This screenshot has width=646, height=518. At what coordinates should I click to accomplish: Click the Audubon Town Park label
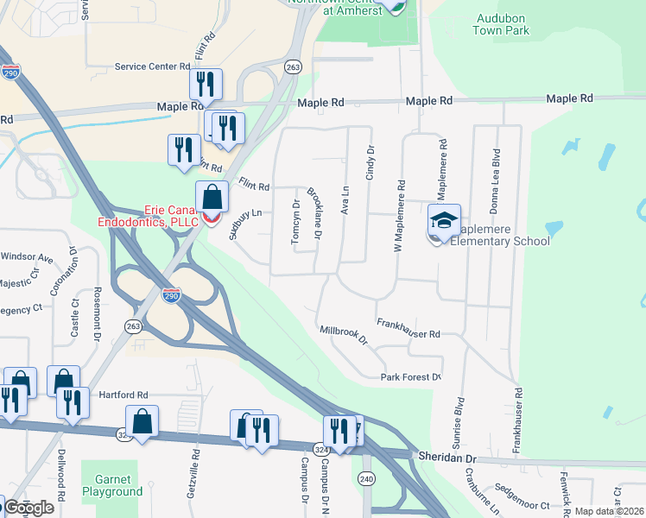(501, 22)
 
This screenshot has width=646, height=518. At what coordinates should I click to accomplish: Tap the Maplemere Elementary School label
(506, 235)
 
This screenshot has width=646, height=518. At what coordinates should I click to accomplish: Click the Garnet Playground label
(112, 485)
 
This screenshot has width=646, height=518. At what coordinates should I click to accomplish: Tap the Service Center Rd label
(152, 66)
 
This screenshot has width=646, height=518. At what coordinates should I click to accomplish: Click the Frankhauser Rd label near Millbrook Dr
(408, 328)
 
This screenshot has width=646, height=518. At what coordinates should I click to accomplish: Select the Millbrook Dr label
(343, 335)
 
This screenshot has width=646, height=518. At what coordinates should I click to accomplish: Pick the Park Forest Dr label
(412, 377)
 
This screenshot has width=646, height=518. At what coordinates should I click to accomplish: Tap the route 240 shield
(366, 479)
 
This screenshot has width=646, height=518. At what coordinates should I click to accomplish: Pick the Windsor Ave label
(27, 256)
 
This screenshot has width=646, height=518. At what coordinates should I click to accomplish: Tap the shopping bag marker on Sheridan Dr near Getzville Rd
(142, 423)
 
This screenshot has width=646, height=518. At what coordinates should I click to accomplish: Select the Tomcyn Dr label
(295, 223)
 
